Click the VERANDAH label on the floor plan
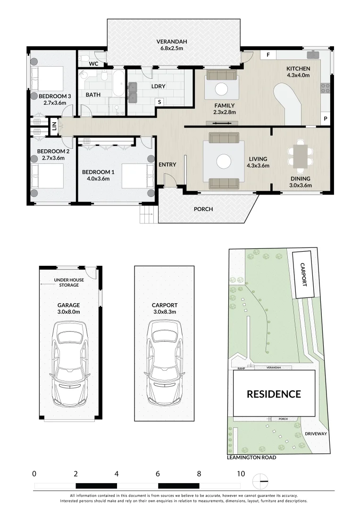(x=172, y=42)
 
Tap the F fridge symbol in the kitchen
(x=268, y=55)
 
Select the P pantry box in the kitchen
(x=325, y=119)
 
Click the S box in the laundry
(x=159, y=102)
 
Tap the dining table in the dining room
(x=300, y=156)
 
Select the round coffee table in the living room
(x=224, y=161)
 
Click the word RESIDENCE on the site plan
(x=274, y=394)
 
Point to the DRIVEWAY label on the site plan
(x=316, y=433)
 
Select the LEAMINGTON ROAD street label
(x=251, y=457)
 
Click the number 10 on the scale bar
(x=241, y=474)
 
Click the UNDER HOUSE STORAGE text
(x=69, y=282)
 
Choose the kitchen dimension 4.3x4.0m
(x=298, y=75)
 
